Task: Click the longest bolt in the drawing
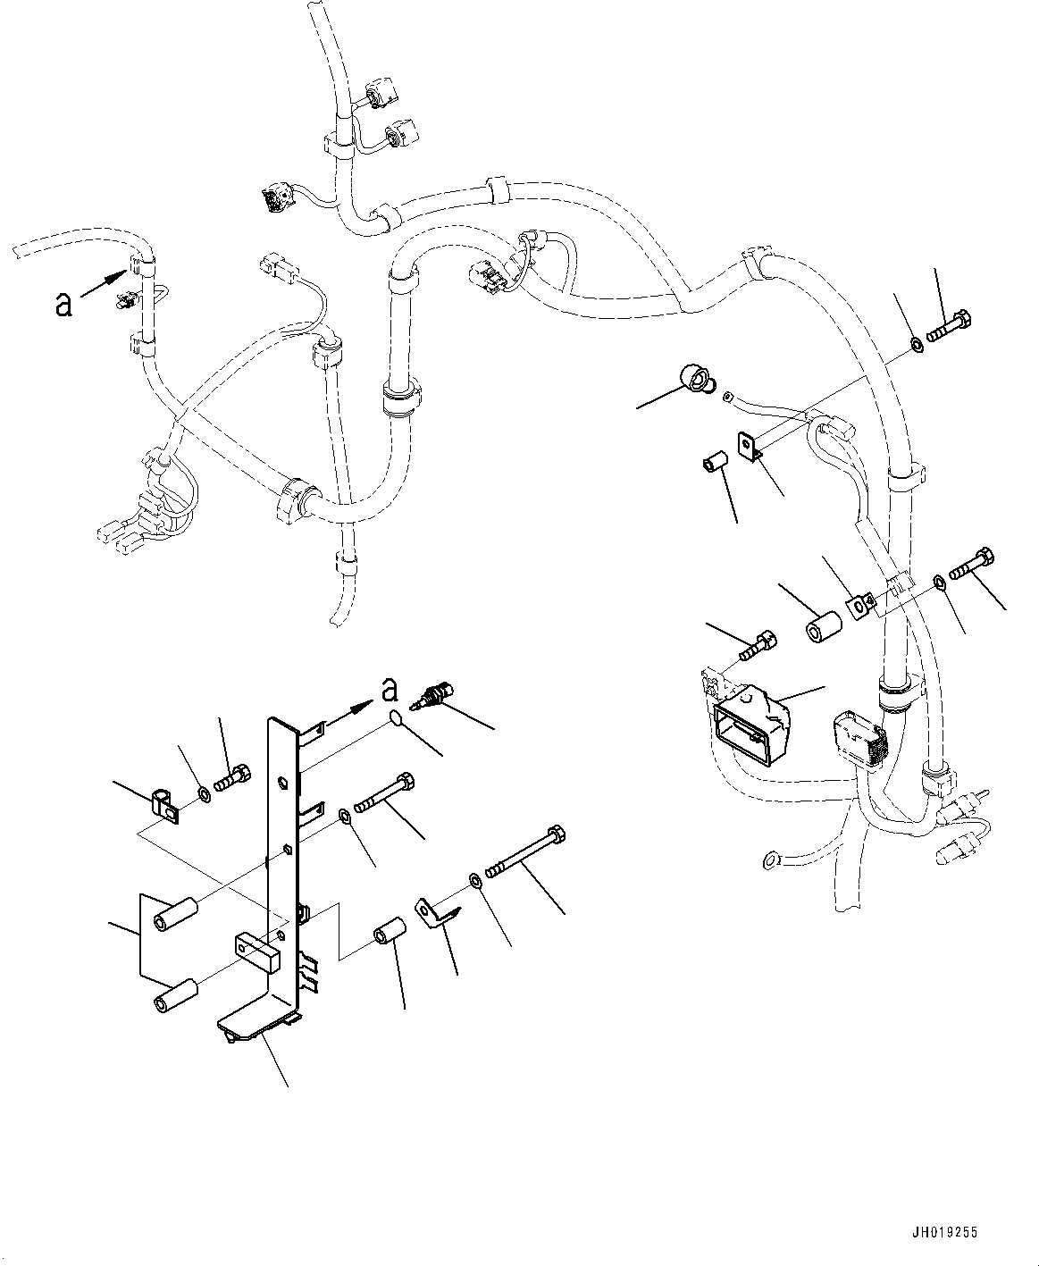pos(527,852)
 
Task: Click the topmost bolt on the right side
pos(951,326)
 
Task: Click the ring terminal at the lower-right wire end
pos(768,861)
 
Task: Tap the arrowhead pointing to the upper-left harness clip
pos(114,278)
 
